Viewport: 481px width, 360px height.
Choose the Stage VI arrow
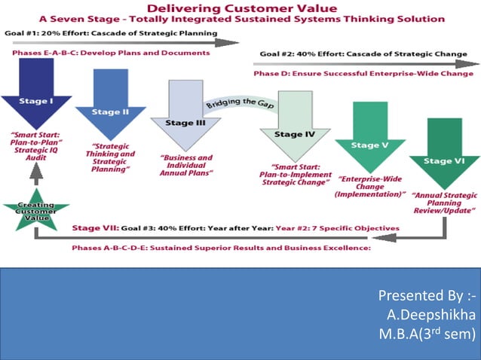440,151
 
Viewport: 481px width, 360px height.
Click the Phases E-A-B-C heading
110,53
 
